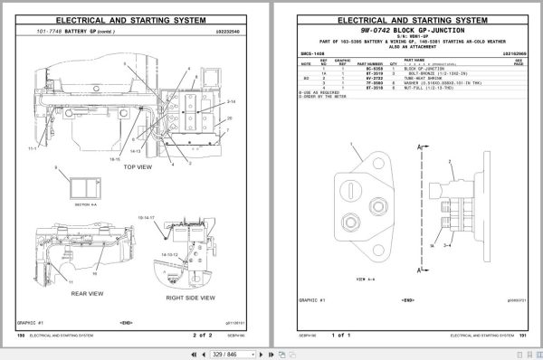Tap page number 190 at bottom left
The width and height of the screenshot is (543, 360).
point(21,334)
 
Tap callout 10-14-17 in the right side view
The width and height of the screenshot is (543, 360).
point(147,218)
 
